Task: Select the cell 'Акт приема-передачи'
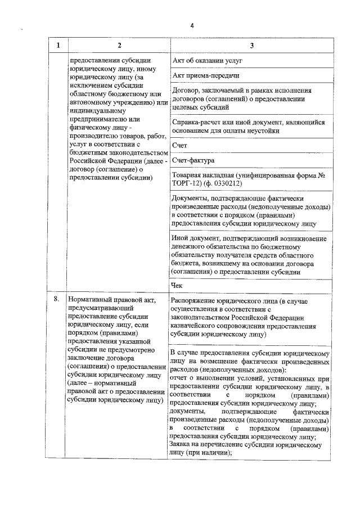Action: (x=206, y=75)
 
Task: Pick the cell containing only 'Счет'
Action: (x=179, y=145)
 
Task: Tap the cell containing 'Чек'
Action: (x=178, y=285)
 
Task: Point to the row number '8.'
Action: (x=57, y=299)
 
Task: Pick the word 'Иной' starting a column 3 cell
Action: (x=181, y=240)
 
